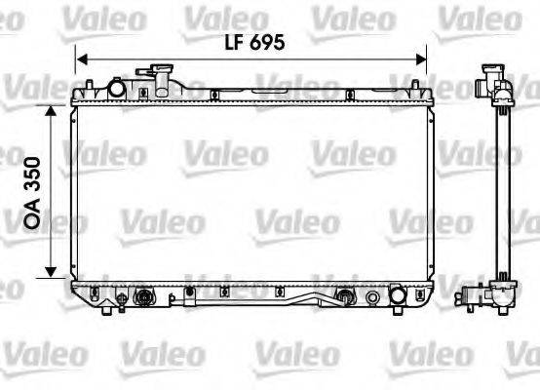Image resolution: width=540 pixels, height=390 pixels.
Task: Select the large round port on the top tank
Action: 116,89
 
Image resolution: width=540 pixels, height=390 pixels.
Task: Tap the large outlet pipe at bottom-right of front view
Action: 398,294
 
